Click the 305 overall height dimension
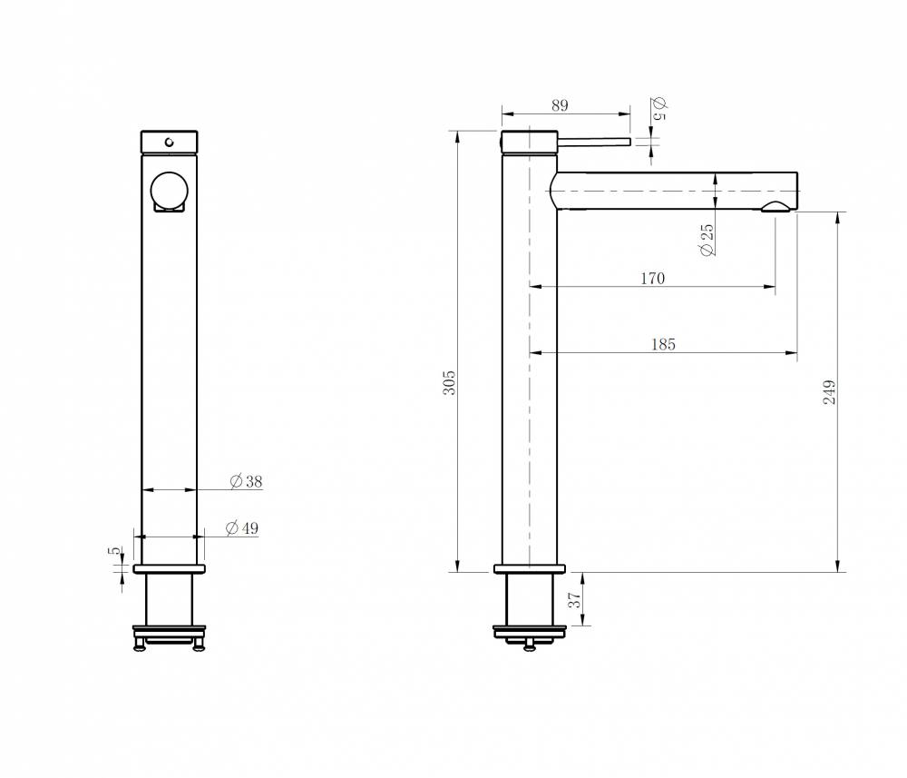point(450,382)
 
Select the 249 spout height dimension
point(830,392)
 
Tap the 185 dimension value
point(663,344)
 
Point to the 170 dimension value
point(652,279)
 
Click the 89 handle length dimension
point(560,105)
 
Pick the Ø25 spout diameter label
point(707,240)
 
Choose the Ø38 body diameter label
point(246,481)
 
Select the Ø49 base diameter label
point(242,528)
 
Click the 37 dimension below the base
point(574,600)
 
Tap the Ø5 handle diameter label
point(659,109)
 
